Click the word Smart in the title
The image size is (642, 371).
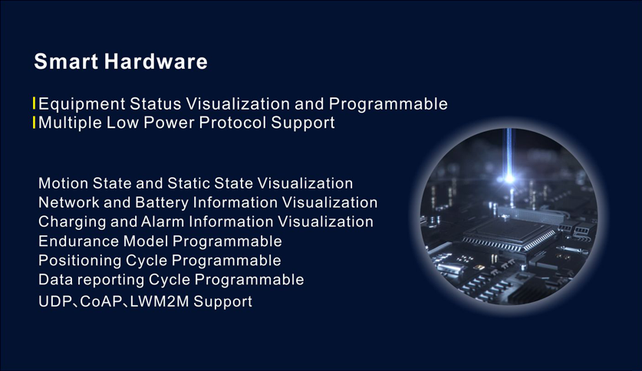pos(66,61)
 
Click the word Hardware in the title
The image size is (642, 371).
pos(156,61)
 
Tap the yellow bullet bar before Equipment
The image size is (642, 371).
pos(34,103)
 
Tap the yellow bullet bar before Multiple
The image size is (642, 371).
pos(34,123)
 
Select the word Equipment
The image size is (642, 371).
pos(82,104)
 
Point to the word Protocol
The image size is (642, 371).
pos(232,123)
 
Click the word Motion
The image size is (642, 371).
pos(63,183)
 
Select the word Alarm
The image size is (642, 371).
pos(163,222)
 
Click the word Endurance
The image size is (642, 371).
pos(78,241)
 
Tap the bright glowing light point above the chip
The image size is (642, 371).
pos(509,179)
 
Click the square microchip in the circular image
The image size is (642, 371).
pos(509,234)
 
